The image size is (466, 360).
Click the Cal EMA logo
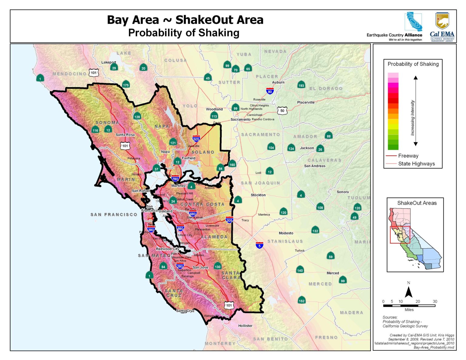(x=442, y=27)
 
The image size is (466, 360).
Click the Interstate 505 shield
(x=196, y=139)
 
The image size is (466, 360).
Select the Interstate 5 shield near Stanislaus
(x=259, y=245)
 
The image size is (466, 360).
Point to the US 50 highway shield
(x=282, y=111)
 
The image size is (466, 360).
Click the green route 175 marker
(x=126, y=85)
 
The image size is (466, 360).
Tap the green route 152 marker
(x=302, y=300)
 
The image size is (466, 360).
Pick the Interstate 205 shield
(x=229, y=220)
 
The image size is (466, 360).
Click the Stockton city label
(x=258, y=195)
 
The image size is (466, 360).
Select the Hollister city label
(x=245, y=326)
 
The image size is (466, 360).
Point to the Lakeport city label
(x=109, y=62)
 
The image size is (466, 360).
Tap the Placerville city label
(x=306, y=103)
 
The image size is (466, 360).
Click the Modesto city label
(x=286, y=233)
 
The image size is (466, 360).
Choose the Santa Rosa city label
(x=125, y=135)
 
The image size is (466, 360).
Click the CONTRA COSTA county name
(x=202, y=204)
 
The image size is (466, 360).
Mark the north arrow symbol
(x=409, y=291)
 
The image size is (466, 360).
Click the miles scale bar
(x=409, y=305)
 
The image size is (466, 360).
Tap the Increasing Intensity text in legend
(x=412, y=118)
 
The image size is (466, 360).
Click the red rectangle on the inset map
(x=400, y=235)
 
